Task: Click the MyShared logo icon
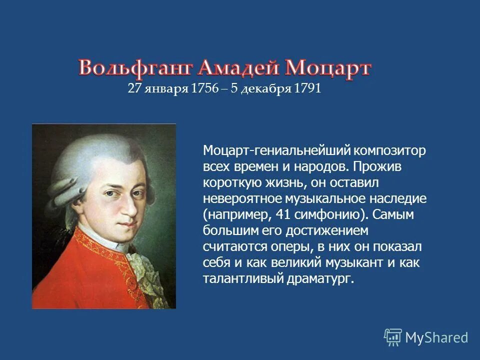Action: click(393, 337)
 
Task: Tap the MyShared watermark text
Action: click(436, 338)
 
